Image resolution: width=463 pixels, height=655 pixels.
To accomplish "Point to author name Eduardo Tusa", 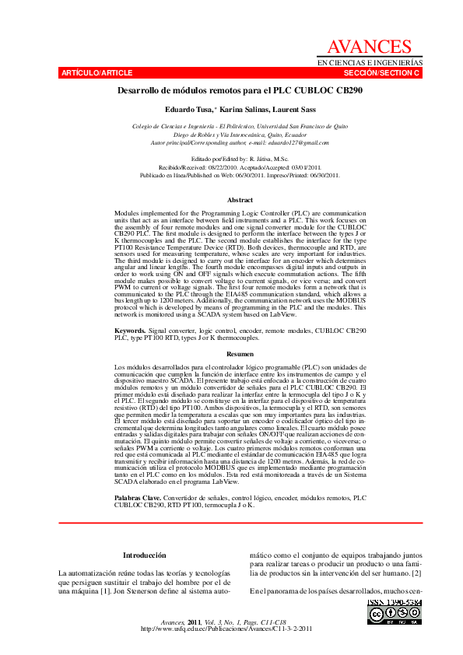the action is [188, 110].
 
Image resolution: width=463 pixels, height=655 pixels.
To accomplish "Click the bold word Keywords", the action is [129, 331].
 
